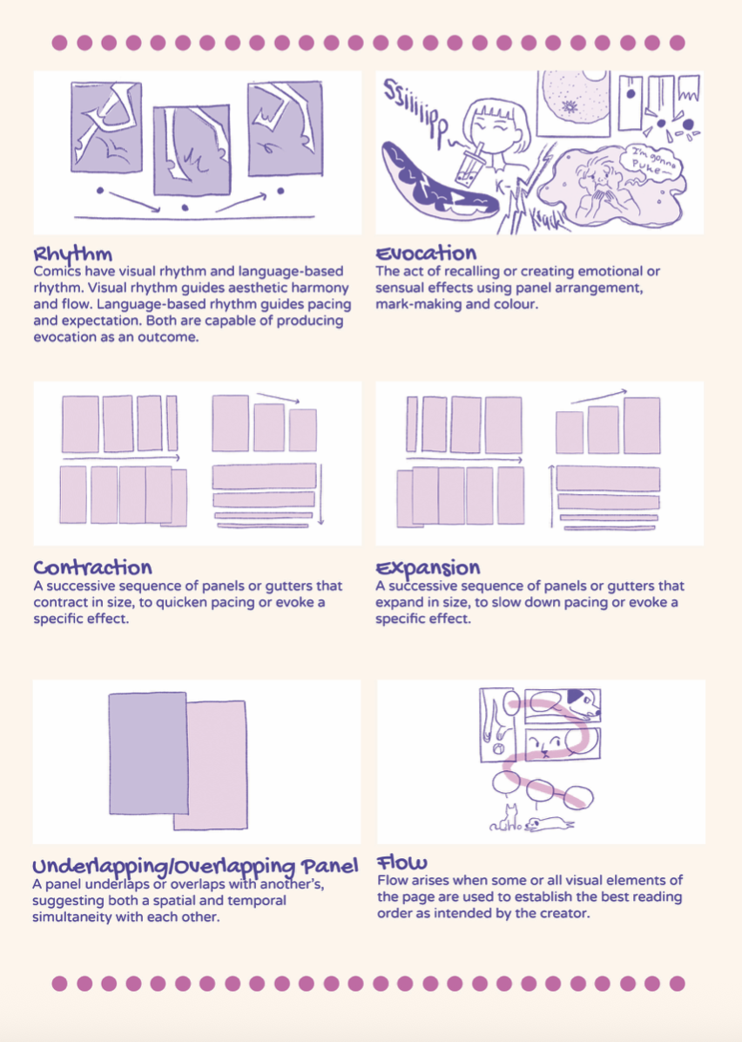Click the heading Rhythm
(73, 255)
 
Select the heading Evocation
(426, 254)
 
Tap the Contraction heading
(92, 568)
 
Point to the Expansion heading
(428, 569)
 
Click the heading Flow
(401, 863)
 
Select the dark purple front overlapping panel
(148, 753)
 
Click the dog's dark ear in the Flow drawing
(576, 696)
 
